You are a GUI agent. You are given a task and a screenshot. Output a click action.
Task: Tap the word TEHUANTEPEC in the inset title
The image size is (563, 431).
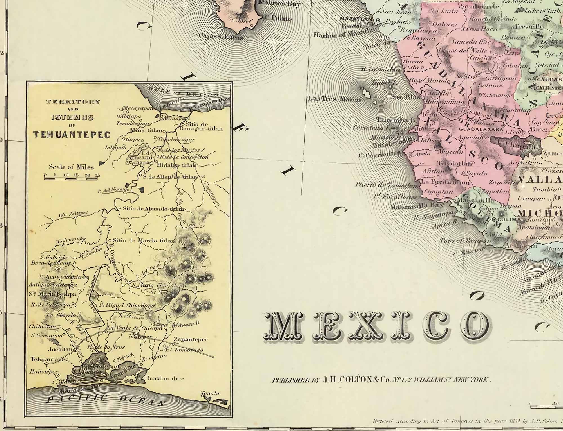[72, 135]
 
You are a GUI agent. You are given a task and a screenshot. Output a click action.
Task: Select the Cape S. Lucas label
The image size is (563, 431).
[221, 37]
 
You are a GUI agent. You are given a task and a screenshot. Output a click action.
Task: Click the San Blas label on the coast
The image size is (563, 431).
[405, 97]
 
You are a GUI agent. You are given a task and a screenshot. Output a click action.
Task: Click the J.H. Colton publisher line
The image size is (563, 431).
[381, 380]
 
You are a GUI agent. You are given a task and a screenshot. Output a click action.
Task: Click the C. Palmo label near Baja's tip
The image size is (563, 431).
[278, 18]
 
